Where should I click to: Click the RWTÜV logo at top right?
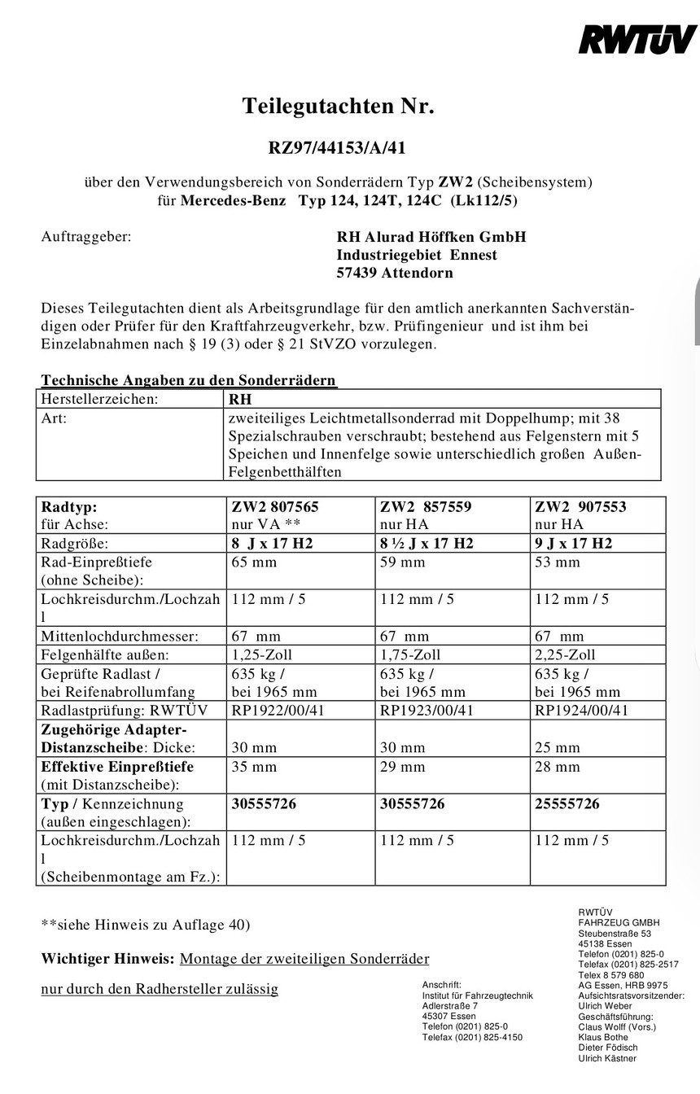coord(637,38)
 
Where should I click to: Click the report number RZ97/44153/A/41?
coord(337,147)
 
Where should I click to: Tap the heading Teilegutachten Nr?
coord(338,107)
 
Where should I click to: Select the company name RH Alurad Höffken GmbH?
coord(431,237)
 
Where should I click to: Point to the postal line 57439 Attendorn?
coord(395,273)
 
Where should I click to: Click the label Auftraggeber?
coord(85,237)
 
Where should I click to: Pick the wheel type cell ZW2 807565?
coord(275,507)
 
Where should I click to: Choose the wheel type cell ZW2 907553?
coord(580,507)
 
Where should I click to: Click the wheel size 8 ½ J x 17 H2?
coord(427,544)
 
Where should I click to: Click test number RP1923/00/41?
coord(427,711)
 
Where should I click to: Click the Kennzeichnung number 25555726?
coord(567,803)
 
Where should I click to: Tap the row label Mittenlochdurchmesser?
coord(120,637)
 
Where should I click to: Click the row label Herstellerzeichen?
coord(99,400)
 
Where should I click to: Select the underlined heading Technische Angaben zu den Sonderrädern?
coord(189,380)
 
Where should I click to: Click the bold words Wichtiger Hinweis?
coord(107,959)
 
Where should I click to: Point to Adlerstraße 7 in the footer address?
coord(450,1006)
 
